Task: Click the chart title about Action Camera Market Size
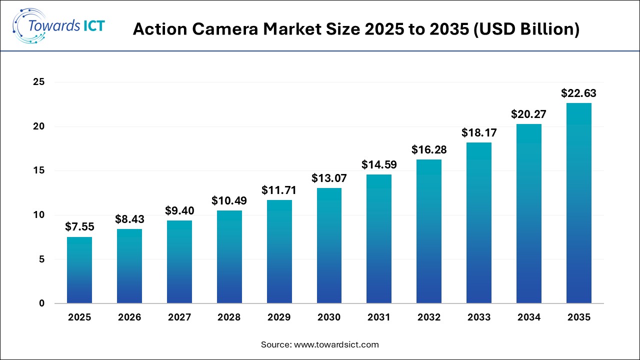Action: tap(356, 29)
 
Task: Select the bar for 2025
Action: tap(79, 270)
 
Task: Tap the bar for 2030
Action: tap(329, 245)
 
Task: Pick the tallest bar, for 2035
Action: tap(579, 203)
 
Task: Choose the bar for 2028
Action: tap(229, 256)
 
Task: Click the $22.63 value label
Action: tap(578, 93)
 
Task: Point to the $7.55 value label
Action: tap(79, 227)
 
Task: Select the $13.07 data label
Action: tap(329, 178)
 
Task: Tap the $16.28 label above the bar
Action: tap(429, 149)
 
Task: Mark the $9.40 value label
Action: tap(179, 210)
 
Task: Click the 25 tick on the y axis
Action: tap(39, 82)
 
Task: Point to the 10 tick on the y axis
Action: tap(39, 215)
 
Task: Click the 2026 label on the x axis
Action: tap(129, 317)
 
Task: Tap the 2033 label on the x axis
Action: tap(479, 317)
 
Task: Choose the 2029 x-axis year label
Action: tap(279, 317)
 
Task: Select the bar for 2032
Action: tap(429, 231)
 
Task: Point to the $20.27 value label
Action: tap(528, 114)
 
